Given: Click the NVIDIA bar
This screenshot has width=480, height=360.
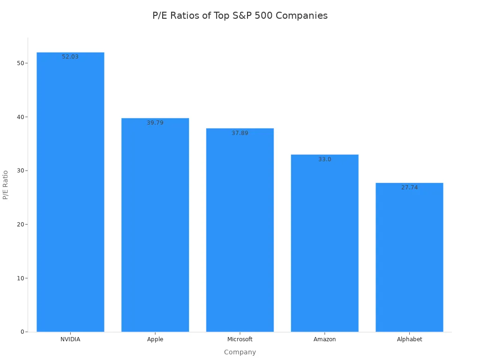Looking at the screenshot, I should coord(70,192).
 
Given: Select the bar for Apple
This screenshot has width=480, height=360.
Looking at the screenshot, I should coord(155,225).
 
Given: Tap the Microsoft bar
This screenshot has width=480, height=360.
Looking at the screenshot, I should coord(240,230).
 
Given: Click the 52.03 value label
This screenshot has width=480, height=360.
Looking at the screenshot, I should coord(70,57).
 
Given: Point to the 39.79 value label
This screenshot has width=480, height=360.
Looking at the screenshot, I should coord(155,123).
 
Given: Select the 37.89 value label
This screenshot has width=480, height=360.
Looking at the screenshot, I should coord(240,133).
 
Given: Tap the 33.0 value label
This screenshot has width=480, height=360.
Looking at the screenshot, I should coord(325,159).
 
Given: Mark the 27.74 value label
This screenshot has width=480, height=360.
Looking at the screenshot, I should coord(409,187).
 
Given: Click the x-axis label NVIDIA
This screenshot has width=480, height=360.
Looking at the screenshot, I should coord(70,339).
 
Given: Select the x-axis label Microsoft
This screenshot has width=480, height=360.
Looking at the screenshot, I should coord(240,339).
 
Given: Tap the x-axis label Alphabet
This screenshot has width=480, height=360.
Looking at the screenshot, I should coord(409,339).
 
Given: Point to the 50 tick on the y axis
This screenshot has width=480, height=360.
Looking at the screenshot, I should coord(20,63).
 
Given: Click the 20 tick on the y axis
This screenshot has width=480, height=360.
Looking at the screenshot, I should coord(20,225).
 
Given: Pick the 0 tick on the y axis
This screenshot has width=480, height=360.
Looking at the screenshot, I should coord(22,332).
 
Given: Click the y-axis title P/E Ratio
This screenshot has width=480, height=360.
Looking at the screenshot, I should coord(6,185).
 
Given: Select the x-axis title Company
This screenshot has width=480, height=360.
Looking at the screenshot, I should coord(240,352).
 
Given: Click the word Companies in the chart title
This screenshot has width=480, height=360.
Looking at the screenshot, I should coord(301,15).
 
